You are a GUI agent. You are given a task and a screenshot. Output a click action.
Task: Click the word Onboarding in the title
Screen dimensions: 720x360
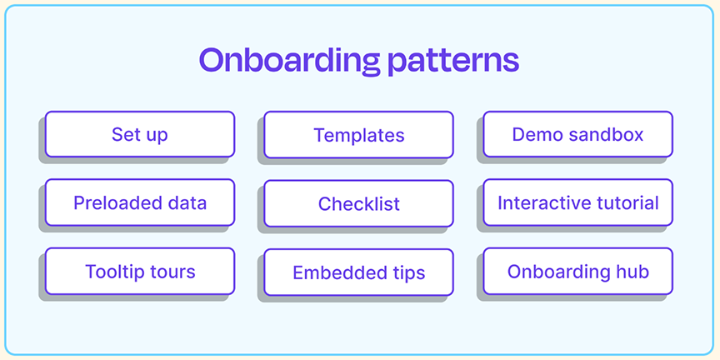pyautogui.click(x=289, y=61)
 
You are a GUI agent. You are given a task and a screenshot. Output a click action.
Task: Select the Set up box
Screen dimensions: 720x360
pyautogui.click(x=140, y=134)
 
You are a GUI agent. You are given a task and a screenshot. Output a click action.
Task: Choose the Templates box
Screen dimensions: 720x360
pyautogui.click(x=358, y=134)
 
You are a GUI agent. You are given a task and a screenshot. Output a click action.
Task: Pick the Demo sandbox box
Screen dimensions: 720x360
pyautogui.click(x=578, y=134)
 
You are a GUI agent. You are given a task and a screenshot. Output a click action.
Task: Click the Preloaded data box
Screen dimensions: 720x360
pyautogui.click(x=140, y=202)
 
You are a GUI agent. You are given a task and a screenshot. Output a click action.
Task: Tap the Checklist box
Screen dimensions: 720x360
pyautogui.click(x=358, y=203)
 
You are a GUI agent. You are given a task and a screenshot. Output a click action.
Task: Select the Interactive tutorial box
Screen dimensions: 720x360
pyautogui.click(x=578, y=202)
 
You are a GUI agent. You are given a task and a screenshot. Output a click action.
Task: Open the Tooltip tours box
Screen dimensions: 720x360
pyautogui.click(x=140, y=272)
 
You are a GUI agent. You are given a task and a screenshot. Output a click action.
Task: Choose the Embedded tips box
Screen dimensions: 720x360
pyautogui.click(x=358, y=272)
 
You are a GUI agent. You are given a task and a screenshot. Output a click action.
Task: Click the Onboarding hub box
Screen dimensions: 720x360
pyautogui.click(x=578, y=272)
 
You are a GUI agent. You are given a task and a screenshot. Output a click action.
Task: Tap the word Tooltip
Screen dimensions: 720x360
pyautogui.click(x=112, y=272)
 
